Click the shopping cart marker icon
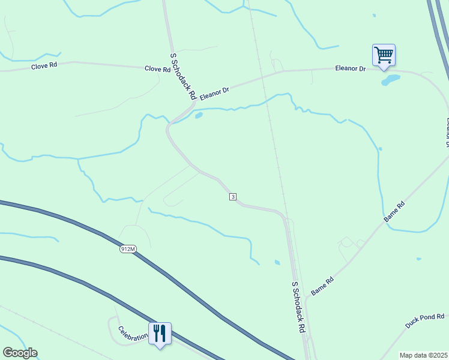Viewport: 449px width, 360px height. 384,55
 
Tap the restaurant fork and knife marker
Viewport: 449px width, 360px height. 160,332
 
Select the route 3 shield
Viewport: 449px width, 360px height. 232,197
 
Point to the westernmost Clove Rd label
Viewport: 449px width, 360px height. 44,67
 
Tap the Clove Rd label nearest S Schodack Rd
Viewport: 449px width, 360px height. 157,69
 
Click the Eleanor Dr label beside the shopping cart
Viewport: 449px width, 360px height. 350,69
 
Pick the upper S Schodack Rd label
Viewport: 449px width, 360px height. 183,75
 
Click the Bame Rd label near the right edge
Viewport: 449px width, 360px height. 396,213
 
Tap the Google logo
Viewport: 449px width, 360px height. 20,353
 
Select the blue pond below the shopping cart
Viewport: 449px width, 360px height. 390,80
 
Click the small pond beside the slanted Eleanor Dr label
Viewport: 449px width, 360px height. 199,115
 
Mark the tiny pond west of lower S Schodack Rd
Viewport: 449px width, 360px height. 277,262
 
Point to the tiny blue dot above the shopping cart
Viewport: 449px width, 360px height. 374,15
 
